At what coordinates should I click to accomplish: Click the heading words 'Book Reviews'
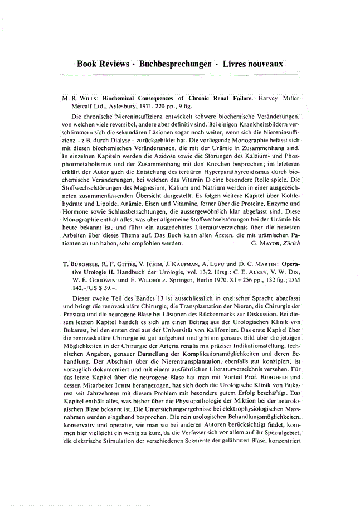pos(102,64)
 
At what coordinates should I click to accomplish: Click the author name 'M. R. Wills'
pos(79,96)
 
